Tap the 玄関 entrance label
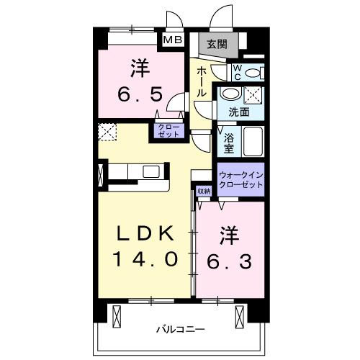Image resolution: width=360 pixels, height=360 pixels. [217, 44]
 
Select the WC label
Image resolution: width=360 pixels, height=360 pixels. [238, 72]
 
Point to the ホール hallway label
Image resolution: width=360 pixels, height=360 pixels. [202, 83]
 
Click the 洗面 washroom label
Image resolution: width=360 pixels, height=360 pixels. [239, 112]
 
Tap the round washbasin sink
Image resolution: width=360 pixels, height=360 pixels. [230, 95]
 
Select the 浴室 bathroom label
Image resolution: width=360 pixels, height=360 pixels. [229, 141]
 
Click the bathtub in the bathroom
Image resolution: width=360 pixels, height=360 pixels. [254, 140]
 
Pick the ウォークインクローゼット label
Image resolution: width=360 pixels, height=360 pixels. [240, 179]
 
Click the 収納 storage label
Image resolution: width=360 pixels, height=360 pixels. [203, 191]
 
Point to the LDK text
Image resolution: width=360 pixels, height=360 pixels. [143, 234]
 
